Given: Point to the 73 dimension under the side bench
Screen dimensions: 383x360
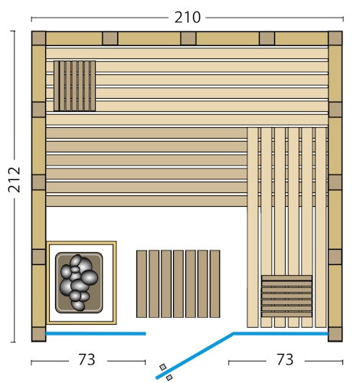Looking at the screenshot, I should pos(285,359).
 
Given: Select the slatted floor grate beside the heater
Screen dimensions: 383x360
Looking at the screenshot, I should pos(178,283).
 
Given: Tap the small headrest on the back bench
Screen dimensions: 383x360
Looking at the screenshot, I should pos(74,86).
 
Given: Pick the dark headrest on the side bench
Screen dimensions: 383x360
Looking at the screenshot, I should pos(286,296).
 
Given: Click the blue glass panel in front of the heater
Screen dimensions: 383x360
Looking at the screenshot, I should pos(96,334).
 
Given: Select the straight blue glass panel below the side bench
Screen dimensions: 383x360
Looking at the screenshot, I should pos(280,334).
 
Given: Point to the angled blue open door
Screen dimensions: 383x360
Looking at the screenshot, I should pos(195,355).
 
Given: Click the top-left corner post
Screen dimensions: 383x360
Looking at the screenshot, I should pos(38,38).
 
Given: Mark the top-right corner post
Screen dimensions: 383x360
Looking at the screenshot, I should pos(335,38).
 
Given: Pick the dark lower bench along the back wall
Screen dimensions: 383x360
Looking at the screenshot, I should pos(146,167).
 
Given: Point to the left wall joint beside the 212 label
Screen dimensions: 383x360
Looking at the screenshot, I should pos(38,183).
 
